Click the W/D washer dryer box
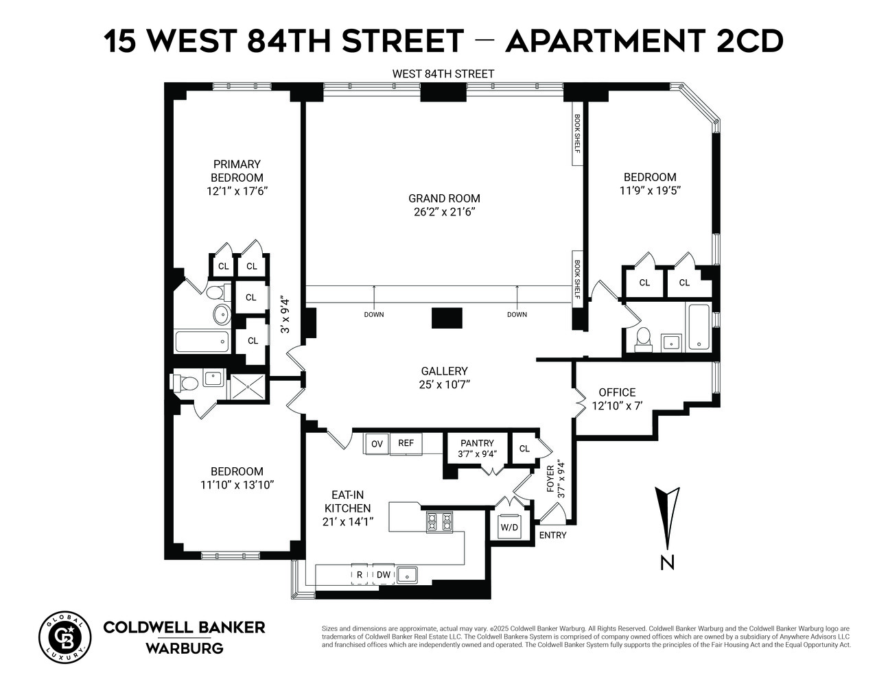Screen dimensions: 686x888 510,528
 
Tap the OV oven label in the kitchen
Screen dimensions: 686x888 377,443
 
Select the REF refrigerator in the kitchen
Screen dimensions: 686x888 406,442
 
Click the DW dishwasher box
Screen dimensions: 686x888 384,574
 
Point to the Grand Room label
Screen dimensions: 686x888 444,198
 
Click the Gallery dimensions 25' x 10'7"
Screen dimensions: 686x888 444,384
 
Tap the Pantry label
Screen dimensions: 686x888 477,443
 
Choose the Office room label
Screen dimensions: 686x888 617,392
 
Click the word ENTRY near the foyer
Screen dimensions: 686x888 553,535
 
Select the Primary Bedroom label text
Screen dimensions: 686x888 237,171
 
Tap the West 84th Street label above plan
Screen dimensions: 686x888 443,73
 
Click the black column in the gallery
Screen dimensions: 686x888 447,318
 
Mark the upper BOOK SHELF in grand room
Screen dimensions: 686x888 577,134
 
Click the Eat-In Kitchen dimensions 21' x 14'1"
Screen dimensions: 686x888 347,521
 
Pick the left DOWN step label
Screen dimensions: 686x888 374,315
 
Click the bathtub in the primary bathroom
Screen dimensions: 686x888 202,341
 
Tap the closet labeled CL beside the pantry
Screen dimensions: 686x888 525,449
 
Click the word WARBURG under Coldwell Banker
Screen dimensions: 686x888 184,648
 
